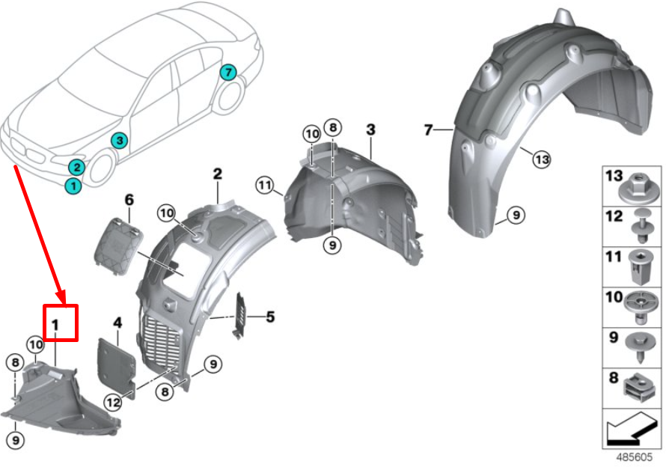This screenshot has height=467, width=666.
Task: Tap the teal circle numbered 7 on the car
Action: (228, 73)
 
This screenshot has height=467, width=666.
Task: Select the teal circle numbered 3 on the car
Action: (119, 140)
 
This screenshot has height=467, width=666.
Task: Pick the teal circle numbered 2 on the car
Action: (76, 168)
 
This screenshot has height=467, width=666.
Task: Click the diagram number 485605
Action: (634, 457)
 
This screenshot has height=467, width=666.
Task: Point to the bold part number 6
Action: (129, 200)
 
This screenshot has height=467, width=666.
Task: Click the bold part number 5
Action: (270, 317)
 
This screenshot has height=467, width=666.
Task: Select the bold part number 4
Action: (117, 323)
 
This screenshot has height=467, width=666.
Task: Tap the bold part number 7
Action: (428, 129)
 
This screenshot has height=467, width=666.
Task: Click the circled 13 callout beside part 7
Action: (542, 159)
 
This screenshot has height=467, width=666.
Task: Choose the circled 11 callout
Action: (265, 186)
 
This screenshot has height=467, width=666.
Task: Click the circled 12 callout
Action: (114, 402)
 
